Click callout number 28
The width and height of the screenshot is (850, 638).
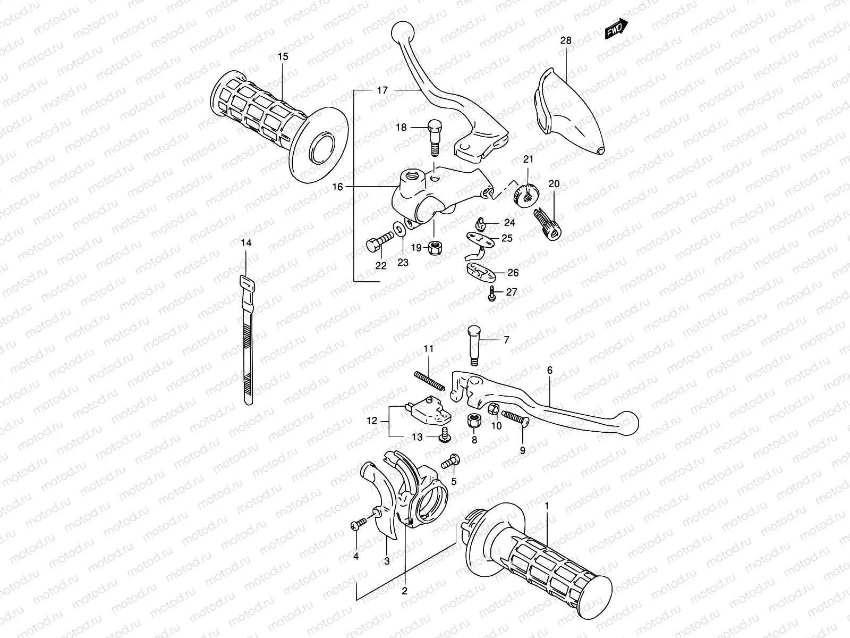coord(565,40)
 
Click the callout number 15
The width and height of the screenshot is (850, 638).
coord(283,56)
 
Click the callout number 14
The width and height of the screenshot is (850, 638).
coord(245,243)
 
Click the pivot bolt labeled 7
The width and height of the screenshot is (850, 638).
coord(474,346)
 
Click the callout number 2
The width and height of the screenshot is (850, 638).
coord(404,590)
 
